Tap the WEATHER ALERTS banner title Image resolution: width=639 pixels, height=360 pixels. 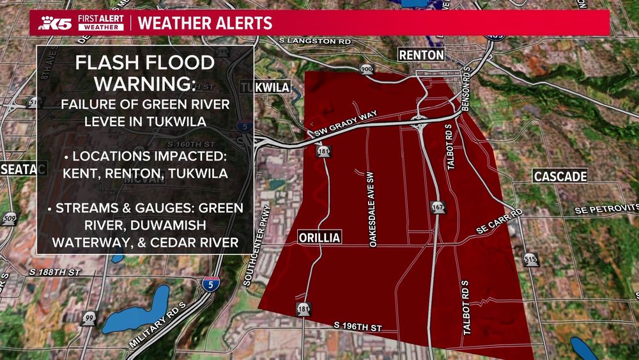coord(205,24)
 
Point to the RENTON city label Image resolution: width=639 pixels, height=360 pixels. coord(421,55)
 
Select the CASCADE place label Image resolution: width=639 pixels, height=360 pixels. coord(560,176)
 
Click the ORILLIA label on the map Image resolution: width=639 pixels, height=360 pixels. coord(319,238)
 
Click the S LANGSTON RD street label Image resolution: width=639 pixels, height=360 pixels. coord(316,40)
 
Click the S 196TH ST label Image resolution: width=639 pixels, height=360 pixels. coord(358,327)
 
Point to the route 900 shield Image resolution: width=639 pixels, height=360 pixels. coord(367,68)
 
